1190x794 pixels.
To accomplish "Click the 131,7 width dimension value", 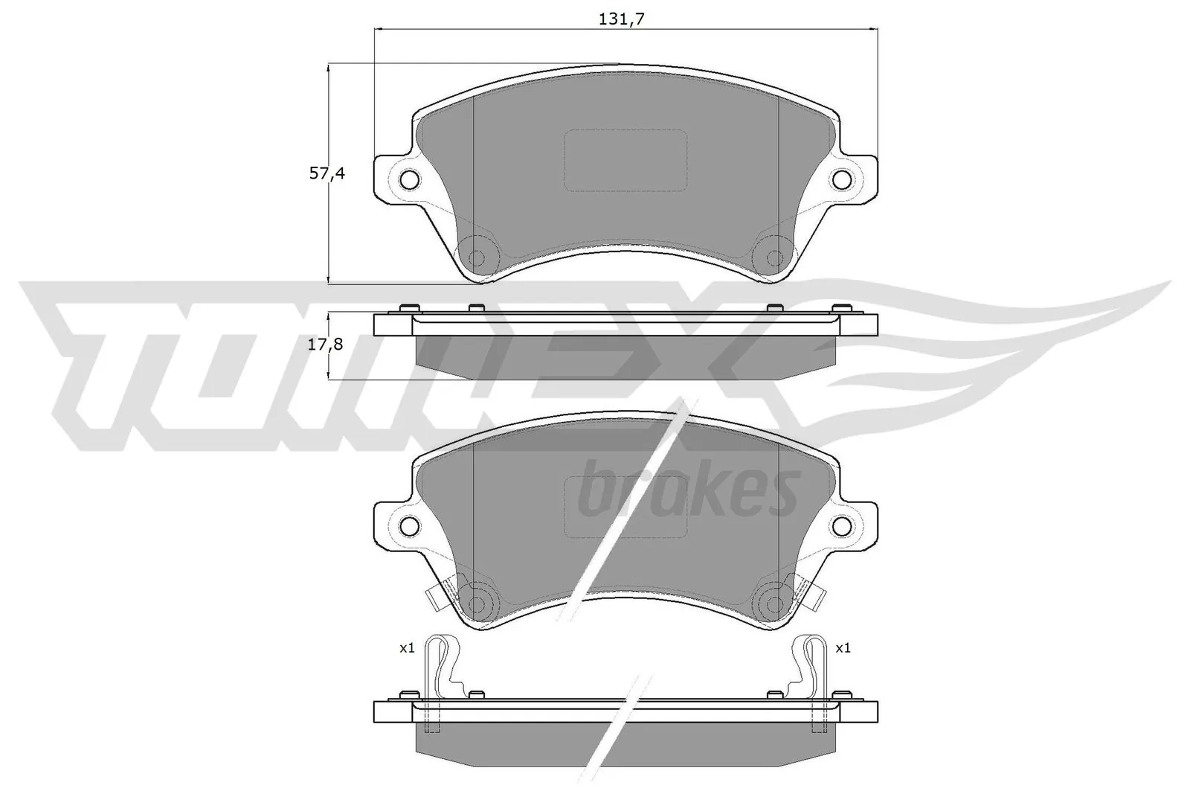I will [620, 19].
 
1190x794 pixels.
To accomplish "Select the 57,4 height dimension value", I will [327, 174].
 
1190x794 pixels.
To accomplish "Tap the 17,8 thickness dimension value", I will [326, 345].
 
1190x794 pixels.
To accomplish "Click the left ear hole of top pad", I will [409, 179].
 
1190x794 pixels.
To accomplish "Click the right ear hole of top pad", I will [843, 179].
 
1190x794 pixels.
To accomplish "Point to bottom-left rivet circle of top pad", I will [477, 257].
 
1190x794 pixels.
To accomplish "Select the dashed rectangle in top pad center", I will [625, 159].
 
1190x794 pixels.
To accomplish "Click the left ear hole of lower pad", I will [409, 525].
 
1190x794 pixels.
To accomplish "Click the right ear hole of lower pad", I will [843, 525].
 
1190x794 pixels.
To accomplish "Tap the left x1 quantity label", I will [407, 649].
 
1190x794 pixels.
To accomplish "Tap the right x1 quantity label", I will [843, 649].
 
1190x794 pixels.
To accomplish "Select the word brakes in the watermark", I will [688, 490].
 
